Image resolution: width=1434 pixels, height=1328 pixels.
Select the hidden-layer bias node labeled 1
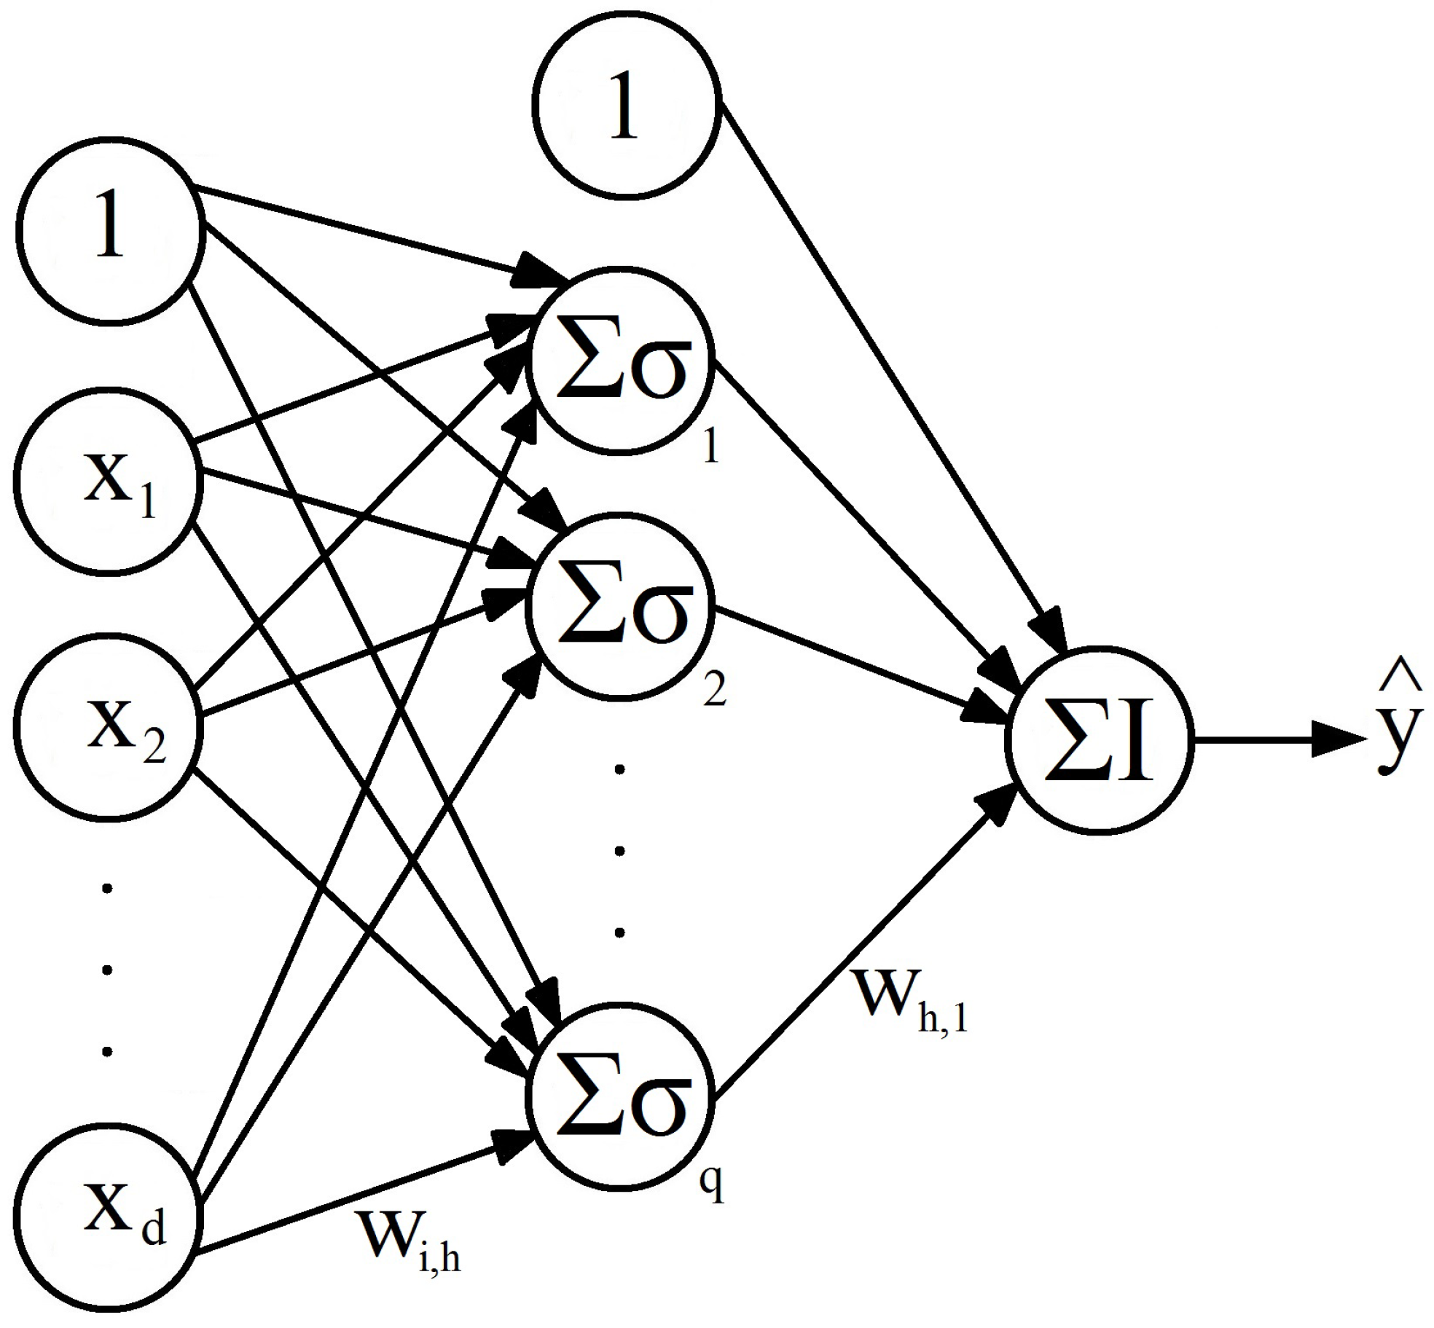coord(625,106)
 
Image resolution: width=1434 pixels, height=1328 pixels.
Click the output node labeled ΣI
coord(1099,740)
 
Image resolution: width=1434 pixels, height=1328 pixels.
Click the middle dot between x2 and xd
coord(108,969)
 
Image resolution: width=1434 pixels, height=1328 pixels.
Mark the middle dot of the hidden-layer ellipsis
coord(620,849)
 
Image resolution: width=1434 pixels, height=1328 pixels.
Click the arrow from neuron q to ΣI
coord(860,947)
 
